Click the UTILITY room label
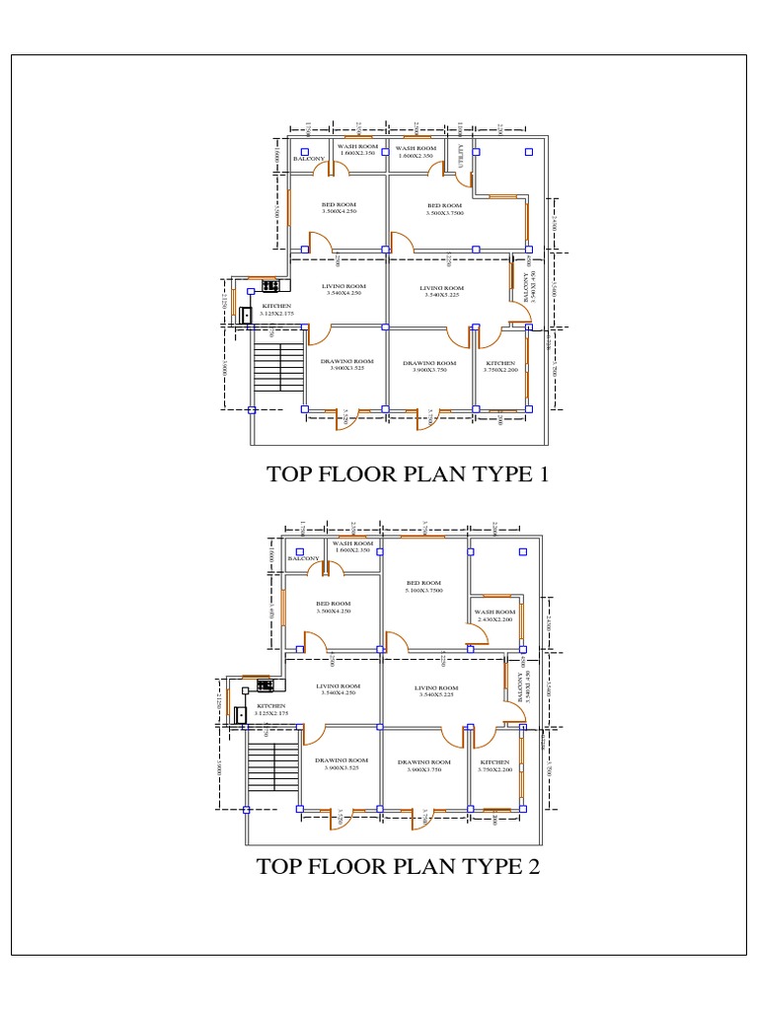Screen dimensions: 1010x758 coord(461,158)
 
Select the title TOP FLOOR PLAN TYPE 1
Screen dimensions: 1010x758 coord(407,474)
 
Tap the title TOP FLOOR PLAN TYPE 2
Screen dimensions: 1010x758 coord(398,867)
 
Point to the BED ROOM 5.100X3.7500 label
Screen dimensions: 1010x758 coord(422,587)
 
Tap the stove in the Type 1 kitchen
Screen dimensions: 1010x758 coord(269,286)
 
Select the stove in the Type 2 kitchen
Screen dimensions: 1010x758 coord(264,683)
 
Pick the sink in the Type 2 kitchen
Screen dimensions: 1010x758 coord(239,712)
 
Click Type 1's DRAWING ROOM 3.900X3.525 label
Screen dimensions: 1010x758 coord(347,365)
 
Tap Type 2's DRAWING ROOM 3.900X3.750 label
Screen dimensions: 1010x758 coord(424,765)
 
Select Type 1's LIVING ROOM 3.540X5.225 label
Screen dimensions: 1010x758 coord(441,291)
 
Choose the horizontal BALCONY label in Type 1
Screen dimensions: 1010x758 coord(309,158)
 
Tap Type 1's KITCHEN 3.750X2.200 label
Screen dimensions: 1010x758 coord(500,366)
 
